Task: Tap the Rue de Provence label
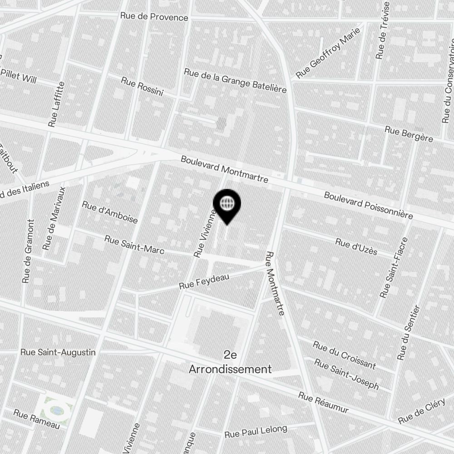click(154, 17)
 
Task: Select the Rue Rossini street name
click(142, 86)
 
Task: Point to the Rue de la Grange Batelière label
click(235, 81)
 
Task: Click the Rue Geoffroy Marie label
click(328, 52)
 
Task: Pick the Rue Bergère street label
click(409, 134)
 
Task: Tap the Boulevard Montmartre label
click(224, 170)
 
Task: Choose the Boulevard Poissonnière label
click(368, 205)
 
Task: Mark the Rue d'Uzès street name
click(356, 246)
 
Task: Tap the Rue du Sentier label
click(409, 333)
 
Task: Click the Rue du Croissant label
click(344, 355)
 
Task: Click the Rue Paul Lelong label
click(256, 431)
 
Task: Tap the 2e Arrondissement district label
click(230, 362)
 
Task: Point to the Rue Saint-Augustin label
click(58, 352)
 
